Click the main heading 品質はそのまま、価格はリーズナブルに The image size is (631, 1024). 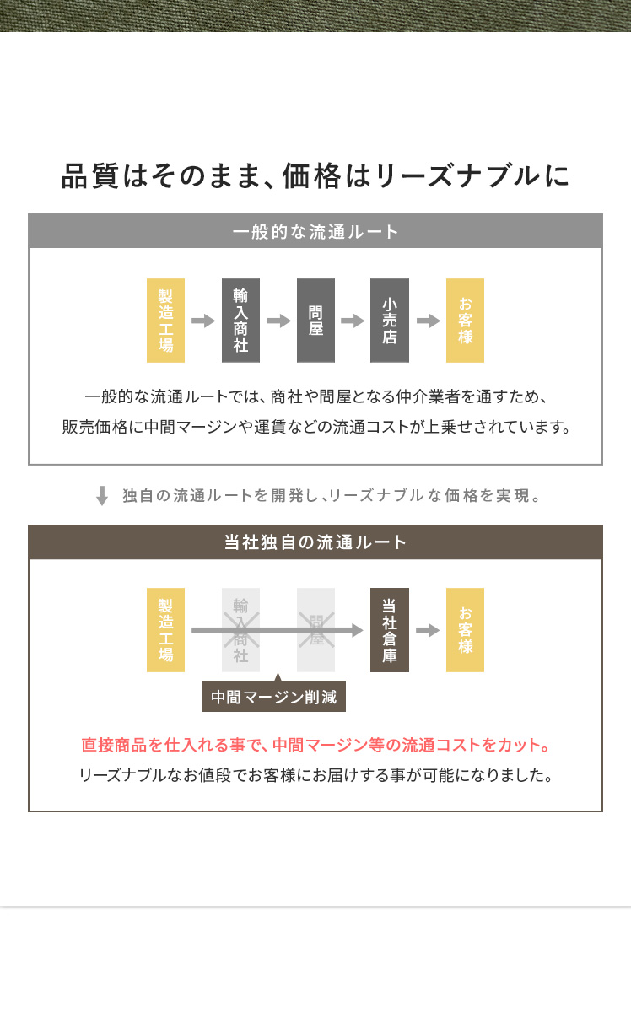tap(315, 176)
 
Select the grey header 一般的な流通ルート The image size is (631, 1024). tap(315, 231)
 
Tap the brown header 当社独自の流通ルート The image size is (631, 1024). tap(315, 542)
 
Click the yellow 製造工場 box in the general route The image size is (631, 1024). tap(165, 321)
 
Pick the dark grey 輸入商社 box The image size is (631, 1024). tap(240, 321)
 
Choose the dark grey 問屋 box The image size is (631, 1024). tap(315, 321)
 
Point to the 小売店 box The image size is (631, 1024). tap(390, 321)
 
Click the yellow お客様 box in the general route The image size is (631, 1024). tap(465, 321)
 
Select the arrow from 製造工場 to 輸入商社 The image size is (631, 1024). tap(203, 321)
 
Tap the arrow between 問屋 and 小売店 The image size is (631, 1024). tap(353, 321)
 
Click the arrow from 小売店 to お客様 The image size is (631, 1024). tap(428, 321)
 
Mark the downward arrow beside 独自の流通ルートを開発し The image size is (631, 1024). tap(102, 495)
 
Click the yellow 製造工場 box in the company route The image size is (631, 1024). tap(165, 630)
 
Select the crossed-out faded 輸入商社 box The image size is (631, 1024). tap(240, 630)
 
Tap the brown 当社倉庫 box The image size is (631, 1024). tap(390, 630)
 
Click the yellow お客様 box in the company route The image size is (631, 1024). tap(465, 630)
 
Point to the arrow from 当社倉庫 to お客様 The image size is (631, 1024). tap(428, 630)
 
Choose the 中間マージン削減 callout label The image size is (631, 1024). tap(274, 697)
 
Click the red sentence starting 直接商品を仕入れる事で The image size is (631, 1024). tap(315, 746)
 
